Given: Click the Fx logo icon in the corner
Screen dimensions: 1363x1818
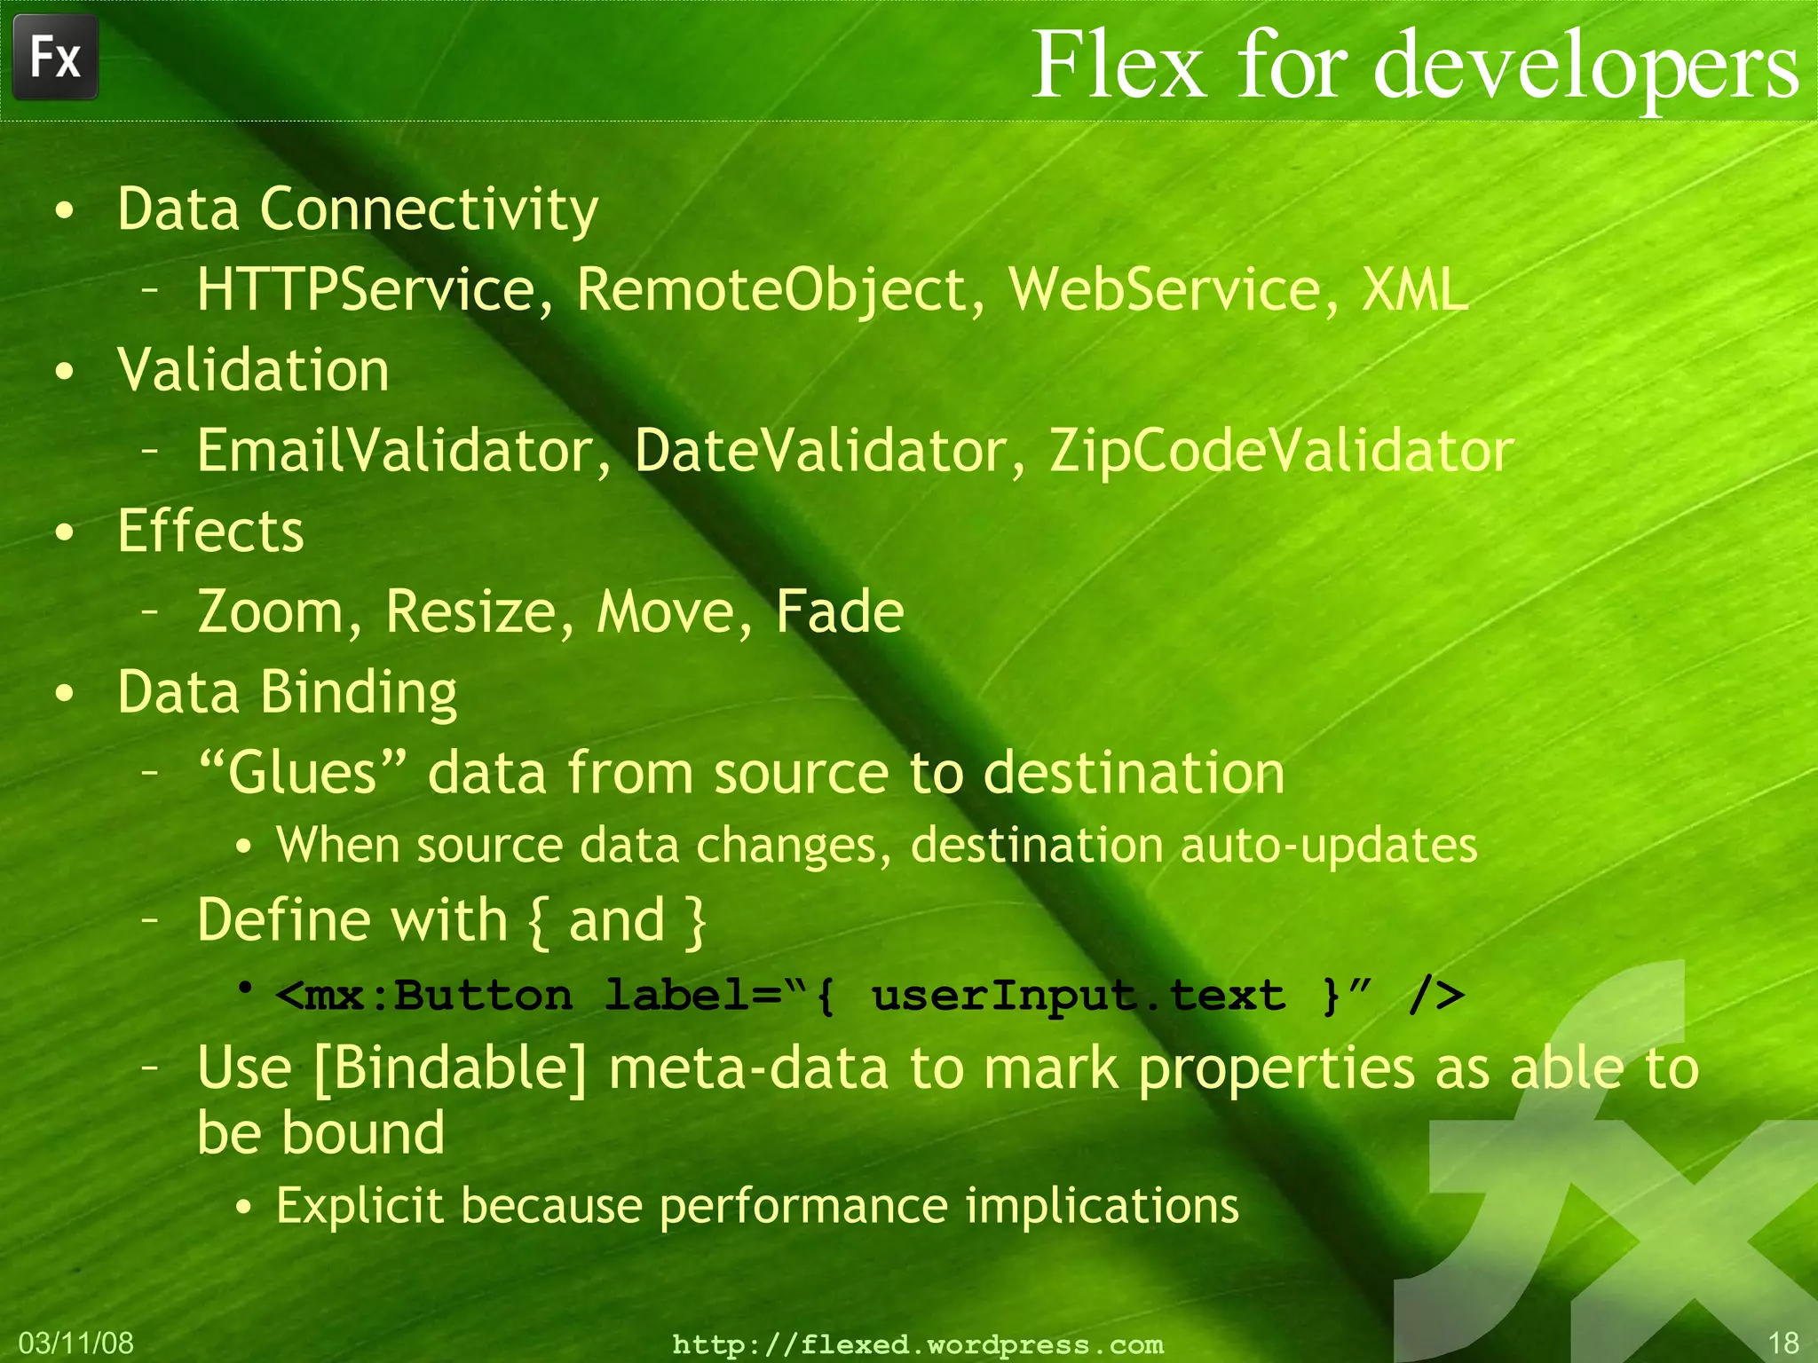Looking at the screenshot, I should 55,58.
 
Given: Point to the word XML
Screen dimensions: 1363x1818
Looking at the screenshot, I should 1415,290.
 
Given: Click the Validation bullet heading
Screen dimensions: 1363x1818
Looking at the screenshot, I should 253,370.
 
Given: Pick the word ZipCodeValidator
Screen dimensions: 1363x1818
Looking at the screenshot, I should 1281,451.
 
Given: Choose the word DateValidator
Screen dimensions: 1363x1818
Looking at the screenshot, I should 820,451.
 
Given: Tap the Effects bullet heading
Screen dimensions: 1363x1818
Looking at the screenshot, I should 210,531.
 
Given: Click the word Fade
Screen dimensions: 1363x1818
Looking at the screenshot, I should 840,611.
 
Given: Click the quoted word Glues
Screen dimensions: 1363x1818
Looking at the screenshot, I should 302,771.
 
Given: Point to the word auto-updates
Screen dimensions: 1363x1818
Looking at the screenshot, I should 1328,845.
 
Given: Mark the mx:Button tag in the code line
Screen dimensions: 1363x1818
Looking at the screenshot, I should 424,996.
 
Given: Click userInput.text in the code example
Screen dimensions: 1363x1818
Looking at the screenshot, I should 1079,996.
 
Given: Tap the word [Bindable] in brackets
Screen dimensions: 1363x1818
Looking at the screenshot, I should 450,1068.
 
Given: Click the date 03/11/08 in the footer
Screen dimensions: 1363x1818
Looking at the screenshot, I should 75,1343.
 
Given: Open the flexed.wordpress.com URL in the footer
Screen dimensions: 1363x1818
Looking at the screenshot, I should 918,1344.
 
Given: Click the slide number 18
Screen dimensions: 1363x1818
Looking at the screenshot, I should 1782,1343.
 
